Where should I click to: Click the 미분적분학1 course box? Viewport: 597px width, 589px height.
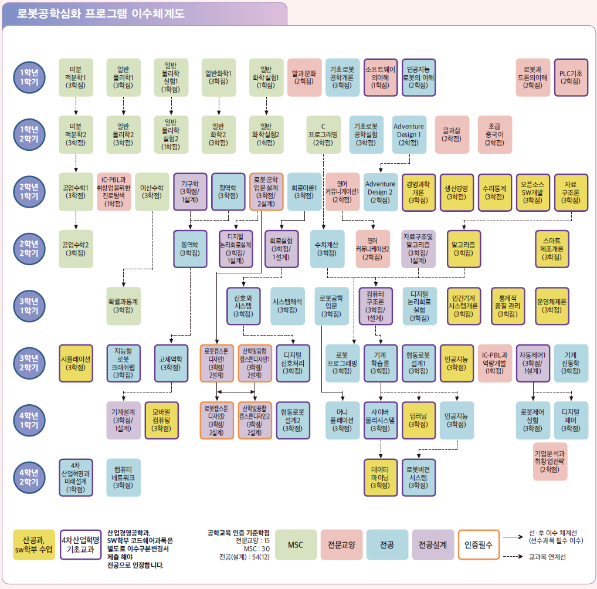click(76, 77)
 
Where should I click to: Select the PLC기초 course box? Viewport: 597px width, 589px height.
click(570, 77)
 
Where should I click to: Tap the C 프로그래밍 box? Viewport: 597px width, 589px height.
click(323, 134)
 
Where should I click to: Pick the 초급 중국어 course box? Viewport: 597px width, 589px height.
click(494, 134)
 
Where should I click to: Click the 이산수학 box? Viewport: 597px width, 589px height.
click(152, 191)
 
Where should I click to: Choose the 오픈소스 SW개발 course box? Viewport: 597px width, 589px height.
click(532, 191)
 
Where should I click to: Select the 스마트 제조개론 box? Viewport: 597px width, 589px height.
click(552, 249)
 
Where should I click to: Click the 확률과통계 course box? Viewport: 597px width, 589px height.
click(123, 306)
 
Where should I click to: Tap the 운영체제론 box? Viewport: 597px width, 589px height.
click(552, 306)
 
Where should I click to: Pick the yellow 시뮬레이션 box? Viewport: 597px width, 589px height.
click(76, 363)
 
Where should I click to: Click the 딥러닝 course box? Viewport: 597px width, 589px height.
click(418, 420)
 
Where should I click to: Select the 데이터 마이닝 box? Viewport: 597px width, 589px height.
click(380, 477)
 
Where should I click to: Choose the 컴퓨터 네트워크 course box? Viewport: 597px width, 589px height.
click(123, 477)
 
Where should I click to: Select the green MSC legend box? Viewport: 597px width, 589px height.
click(296, 545)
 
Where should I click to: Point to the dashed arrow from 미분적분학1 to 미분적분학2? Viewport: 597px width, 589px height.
click(76, 106)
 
